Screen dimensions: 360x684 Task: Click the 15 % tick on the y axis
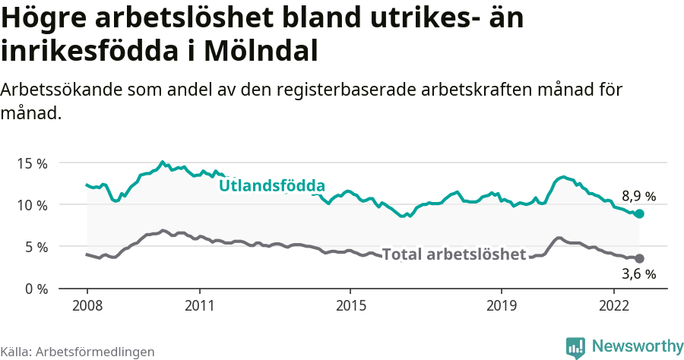point(31,163)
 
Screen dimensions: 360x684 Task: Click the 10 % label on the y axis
point(31,205)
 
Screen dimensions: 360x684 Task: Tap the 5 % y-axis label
point(34,247)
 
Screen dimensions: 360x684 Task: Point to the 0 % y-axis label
point(34,289)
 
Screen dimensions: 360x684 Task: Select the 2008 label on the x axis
point(87,306)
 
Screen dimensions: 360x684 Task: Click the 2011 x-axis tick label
point(200,306)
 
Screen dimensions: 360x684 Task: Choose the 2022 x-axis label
point(614,306)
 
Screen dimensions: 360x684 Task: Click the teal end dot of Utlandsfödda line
point(639,214)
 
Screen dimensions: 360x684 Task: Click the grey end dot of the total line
point(639,259)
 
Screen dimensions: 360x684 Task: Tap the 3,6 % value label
point(638,274)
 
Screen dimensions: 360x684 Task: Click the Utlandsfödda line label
point(272,186)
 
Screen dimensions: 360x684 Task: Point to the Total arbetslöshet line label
point(454,254)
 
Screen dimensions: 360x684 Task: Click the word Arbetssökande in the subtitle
point(62,90)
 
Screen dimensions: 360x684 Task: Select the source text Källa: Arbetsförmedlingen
point(78,352)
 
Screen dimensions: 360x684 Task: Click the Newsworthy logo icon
point(575,347)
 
